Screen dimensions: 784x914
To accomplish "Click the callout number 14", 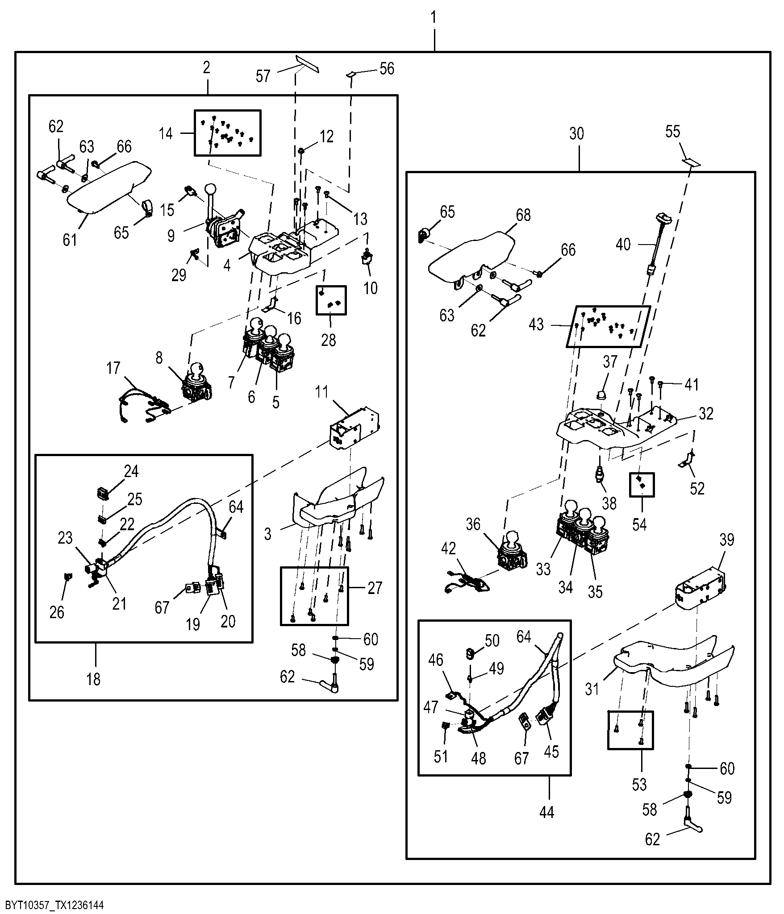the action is point(166,133).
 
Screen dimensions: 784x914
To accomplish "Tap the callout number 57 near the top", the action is point(263,76).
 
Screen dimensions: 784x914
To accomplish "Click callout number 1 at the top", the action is point(434,18).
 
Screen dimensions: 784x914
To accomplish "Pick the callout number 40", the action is point(623,245).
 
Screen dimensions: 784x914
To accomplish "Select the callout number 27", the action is point(375,588).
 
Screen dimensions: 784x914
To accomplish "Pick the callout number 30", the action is point(577,134).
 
